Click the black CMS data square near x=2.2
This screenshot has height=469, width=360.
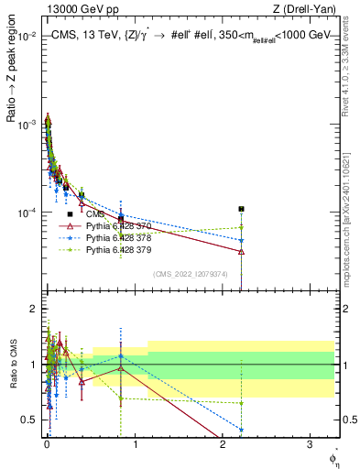click(241, 209)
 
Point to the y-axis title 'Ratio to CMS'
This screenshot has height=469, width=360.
click(14, 366)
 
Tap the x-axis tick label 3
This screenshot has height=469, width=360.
click(311, 444)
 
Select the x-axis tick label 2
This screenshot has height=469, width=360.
click(223, 444)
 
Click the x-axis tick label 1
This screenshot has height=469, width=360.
click(136, 444)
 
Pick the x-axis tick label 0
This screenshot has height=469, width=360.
click(48, 444)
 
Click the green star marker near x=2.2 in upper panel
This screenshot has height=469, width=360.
click(241, 227)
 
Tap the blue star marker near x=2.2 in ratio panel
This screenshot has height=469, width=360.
click(241, 429)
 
